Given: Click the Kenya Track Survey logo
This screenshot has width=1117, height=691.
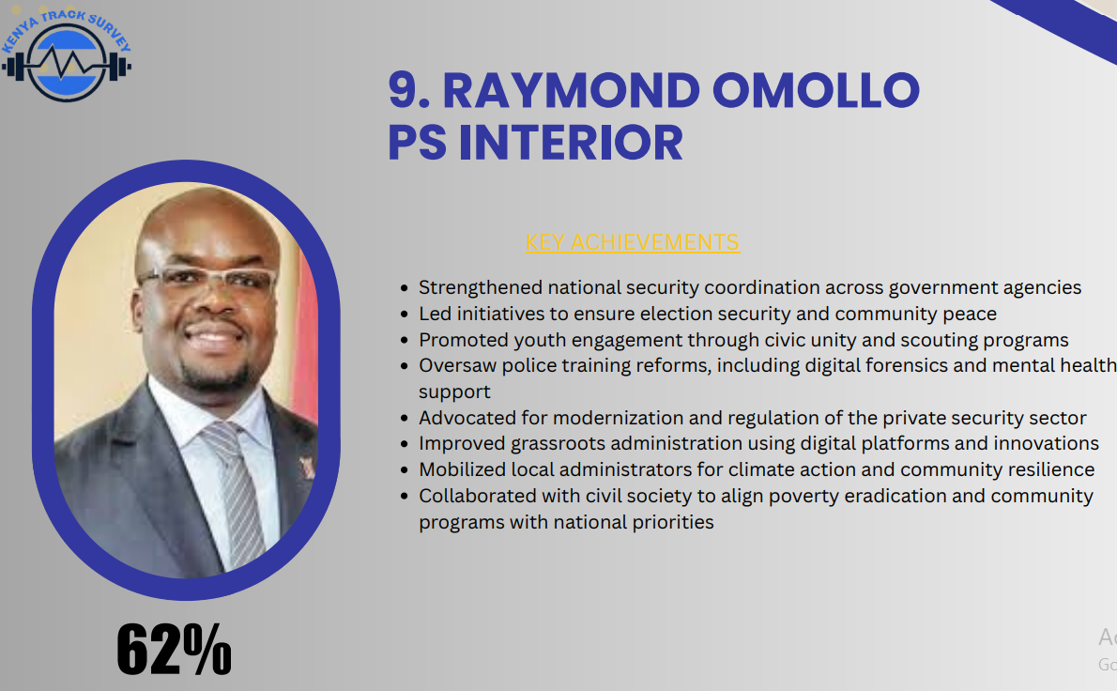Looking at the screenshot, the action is [67, 54].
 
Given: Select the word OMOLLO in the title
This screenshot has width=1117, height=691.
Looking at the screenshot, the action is [816, 90].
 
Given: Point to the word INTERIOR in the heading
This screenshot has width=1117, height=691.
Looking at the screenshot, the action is [571, 143].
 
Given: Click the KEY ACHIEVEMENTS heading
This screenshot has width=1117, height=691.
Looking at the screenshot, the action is [633, 242].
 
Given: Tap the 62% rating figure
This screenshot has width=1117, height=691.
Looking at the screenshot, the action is [174, 649].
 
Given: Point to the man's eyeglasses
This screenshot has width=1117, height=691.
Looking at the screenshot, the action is [207, 279].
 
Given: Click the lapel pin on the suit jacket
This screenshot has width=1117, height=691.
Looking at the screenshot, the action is [308, 468].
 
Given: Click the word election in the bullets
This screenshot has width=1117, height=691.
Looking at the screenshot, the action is [672, 315].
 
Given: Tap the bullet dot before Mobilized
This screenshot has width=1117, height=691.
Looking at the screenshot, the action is [405, 470].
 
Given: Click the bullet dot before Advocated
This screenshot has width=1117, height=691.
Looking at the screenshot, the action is [405, 418].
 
